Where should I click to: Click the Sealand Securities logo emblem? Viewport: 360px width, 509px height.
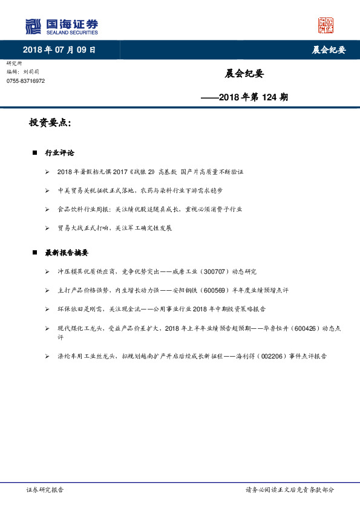[x=33, y=26]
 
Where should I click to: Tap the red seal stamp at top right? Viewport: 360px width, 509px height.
[x=326, y=25]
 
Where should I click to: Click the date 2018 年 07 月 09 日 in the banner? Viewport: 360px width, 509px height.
[x=59, y=50]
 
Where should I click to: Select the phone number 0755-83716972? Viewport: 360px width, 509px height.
[x=25, y=81]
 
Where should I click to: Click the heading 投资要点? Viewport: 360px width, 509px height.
[x=50, y=123]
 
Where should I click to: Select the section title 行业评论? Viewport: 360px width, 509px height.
[x=60, y=153]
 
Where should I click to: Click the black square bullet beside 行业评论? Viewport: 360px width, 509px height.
[x=35, y=153]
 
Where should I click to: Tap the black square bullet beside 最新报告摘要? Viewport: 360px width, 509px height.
[x=35, y=253]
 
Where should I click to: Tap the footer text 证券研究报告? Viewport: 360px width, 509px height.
[x=45, y=490]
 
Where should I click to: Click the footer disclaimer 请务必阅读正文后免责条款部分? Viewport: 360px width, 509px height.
[x=289, y=490]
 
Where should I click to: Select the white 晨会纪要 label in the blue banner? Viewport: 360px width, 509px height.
[x=329, y=50]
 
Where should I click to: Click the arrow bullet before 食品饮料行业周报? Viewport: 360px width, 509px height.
[x=47, y=209]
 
